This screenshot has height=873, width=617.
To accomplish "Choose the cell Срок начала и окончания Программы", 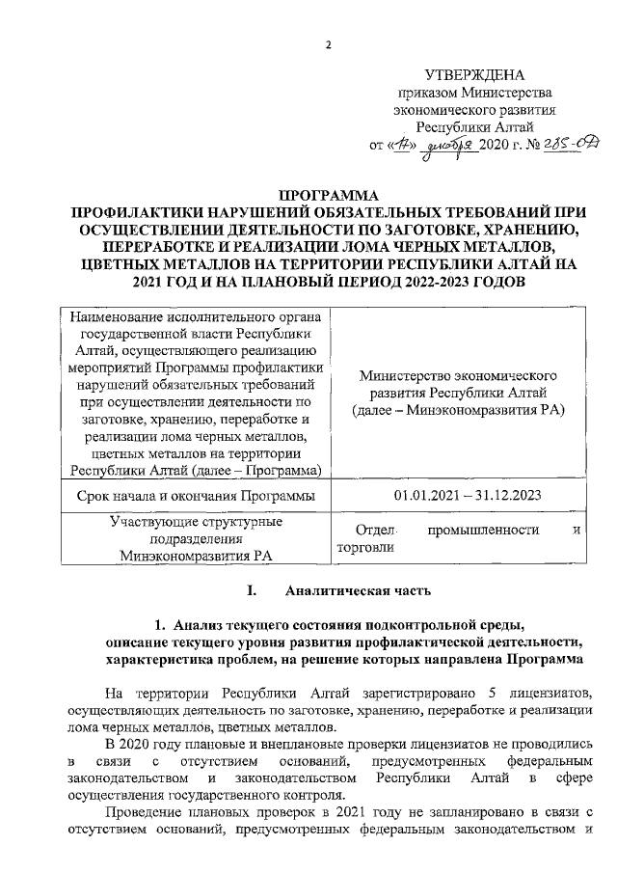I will [x=195, y=496].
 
